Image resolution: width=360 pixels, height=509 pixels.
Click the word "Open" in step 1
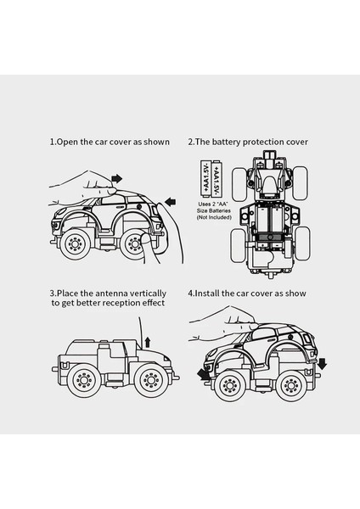pyautogui.click(x=68, y=143)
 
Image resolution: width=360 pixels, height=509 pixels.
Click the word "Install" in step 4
pyautogui.click(x=207, y=294)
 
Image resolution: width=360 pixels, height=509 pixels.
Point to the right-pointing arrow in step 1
pyautogui.click(x=116, y=178)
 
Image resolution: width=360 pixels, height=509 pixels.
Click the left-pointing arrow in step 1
pyautogui.click(x=171, y=202)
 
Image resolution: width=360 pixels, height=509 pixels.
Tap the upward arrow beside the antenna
pyautogui.click(x=148, y=342)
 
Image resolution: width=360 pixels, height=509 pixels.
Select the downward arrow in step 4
pyautogui.click(x=322, y=364)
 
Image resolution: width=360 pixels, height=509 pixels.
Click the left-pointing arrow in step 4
pyautogui.click(x=204, y=375)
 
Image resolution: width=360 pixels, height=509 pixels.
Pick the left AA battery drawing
pyautogui.click(x=205, y=178)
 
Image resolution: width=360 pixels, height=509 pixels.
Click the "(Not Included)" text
pyautogui.click(x=214, y=217)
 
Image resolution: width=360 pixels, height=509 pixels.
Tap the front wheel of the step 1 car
pyautogui.click(x=75, y=243)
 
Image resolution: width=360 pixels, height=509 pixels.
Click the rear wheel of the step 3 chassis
pyautogui.click(x=84, y=380)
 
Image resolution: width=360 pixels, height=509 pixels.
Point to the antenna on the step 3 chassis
pyautogui.click(x=141, y=333)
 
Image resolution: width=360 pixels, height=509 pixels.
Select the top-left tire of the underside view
pyautogui.click(x=239, y=184)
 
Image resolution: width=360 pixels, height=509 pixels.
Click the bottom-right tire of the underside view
pyautogui.click(x=302, y=243)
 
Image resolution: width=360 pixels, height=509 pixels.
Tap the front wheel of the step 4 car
pyautogui.click(x=230, y=385)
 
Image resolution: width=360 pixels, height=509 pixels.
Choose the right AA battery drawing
pyautogui.click(x=216, y=178)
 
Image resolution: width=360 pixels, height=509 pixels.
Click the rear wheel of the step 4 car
pyautogui.click(x=290, y=385)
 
